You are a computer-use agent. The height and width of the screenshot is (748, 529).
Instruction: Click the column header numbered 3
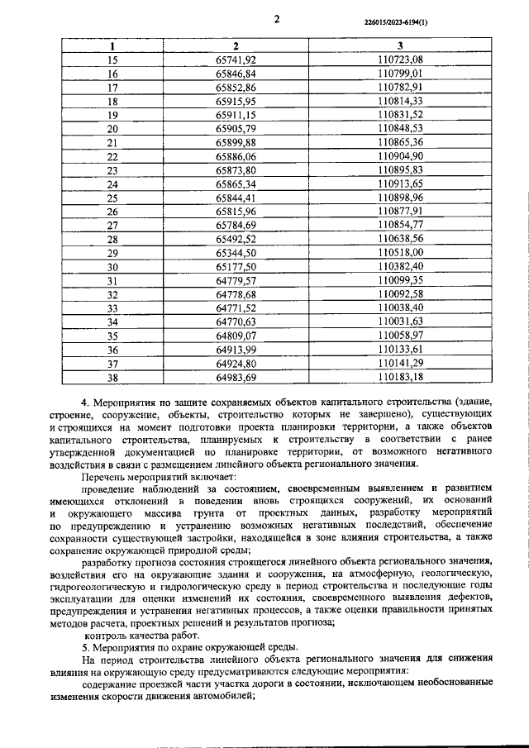point(401,46)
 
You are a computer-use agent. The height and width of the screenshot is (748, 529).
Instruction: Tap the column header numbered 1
point(113,46)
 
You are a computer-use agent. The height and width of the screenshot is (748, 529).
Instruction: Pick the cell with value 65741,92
point(236,60)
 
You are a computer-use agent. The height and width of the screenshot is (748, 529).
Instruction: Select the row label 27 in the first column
point(113,225)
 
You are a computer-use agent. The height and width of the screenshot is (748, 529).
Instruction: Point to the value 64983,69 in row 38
point(236,377)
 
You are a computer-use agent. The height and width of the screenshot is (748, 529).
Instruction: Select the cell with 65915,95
point(236,100)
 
